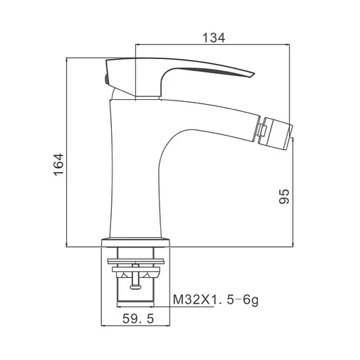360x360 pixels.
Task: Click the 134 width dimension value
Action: click(x=214, y=38)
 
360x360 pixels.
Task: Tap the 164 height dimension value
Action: click(x=58, y=165)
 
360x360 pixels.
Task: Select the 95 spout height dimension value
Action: click(x=284, y=196)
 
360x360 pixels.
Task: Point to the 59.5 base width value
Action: click(x=139, y=319)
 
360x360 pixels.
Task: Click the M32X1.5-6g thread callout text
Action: click(x=216, y=300)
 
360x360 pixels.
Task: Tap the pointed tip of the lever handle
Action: click(x=254, y=74)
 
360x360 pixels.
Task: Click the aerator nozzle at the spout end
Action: click(x=276, y=133)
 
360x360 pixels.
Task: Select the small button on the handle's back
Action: click(x=106, y=79)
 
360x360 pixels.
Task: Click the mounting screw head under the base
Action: click(x=135, y=286)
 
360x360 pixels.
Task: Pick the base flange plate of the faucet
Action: click(x=136, y=243)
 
